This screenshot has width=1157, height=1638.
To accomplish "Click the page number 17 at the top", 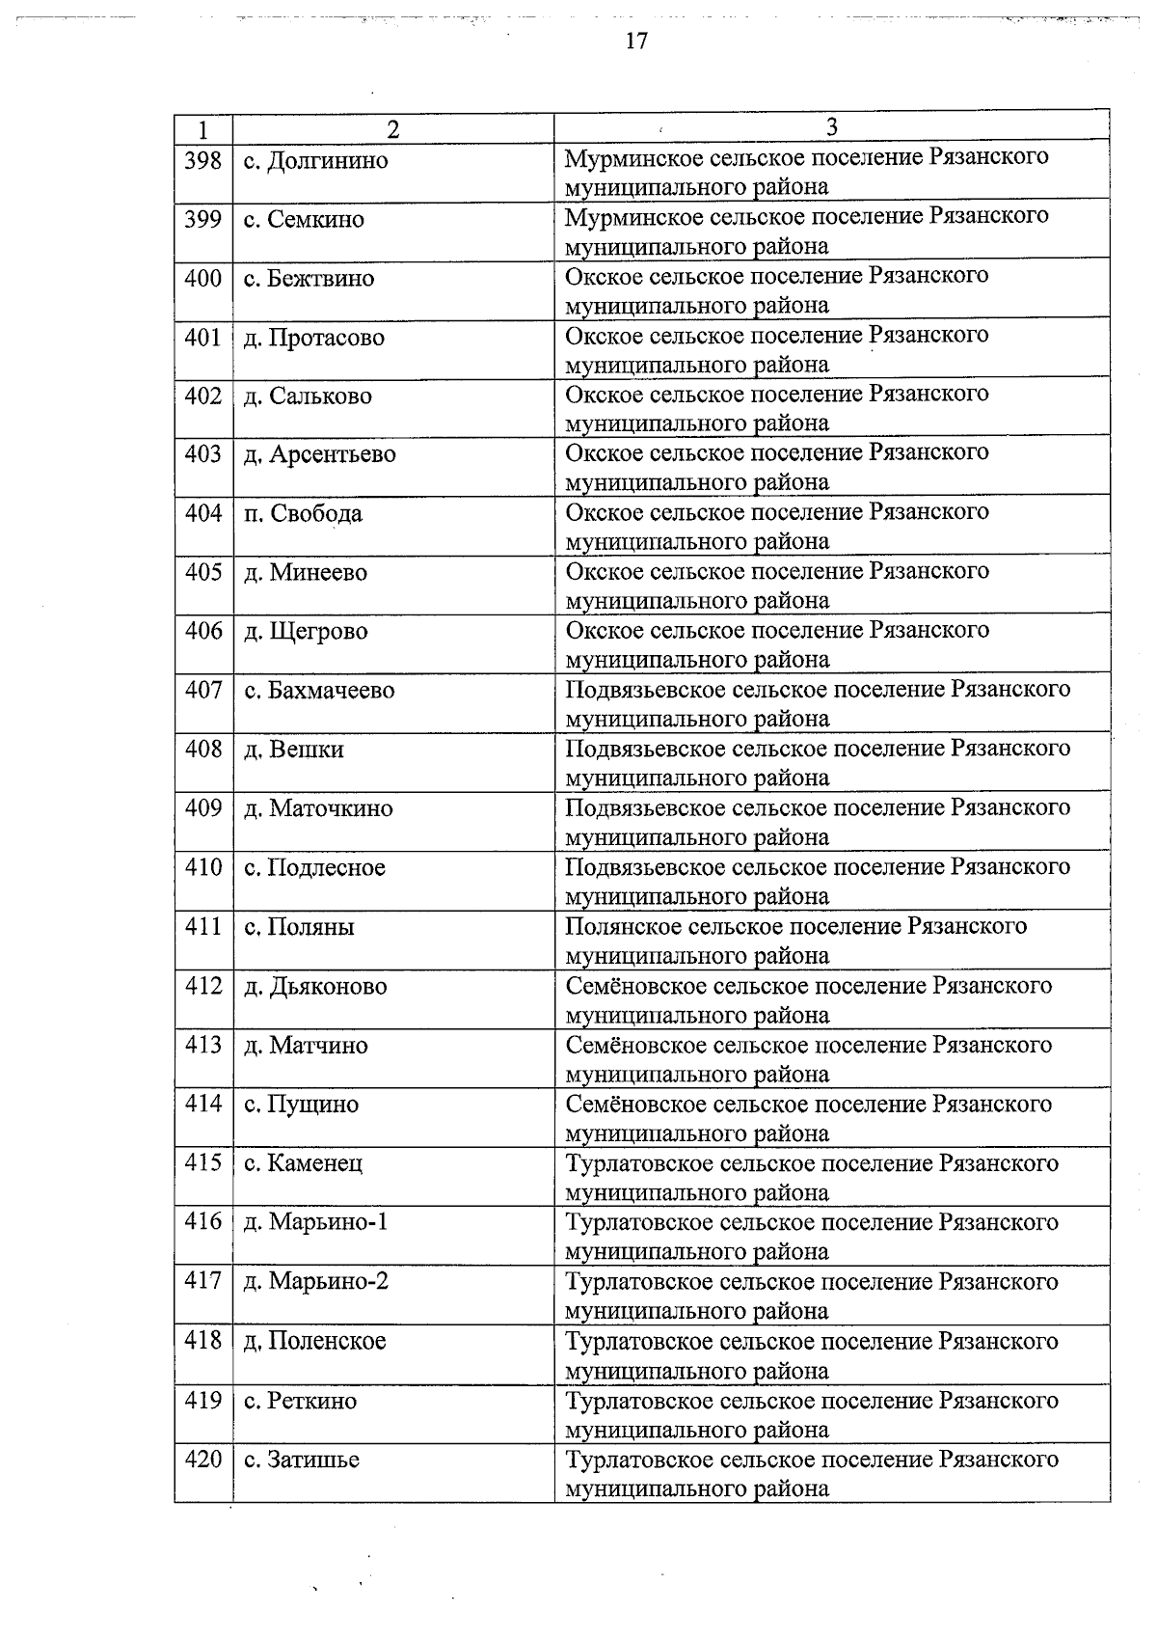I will [635, 41].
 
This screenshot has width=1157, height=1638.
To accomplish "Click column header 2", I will [392, 129].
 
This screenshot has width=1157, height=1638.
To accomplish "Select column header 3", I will [831, 127].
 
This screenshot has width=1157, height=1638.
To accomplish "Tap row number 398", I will [202, 159].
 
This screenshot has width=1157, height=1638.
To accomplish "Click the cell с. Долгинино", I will [315, 160].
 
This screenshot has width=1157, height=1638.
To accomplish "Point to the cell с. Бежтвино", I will [309, 279].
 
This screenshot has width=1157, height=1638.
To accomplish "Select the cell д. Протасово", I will [313, 338].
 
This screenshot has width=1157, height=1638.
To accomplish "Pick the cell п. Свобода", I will [303, 513].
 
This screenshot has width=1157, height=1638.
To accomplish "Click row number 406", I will [202, 631].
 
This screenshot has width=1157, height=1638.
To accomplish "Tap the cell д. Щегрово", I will [306, 632].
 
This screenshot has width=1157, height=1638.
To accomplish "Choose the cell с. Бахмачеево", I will [319, 691].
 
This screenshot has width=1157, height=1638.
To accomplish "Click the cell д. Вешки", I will [293, 750].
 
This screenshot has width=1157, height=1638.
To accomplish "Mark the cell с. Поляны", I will [299, 927].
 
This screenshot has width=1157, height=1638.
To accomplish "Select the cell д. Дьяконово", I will [315, 987].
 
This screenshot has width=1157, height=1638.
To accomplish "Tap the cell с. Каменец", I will [303, 1163].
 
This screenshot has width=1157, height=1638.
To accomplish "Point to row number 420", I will [202, 1460].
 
